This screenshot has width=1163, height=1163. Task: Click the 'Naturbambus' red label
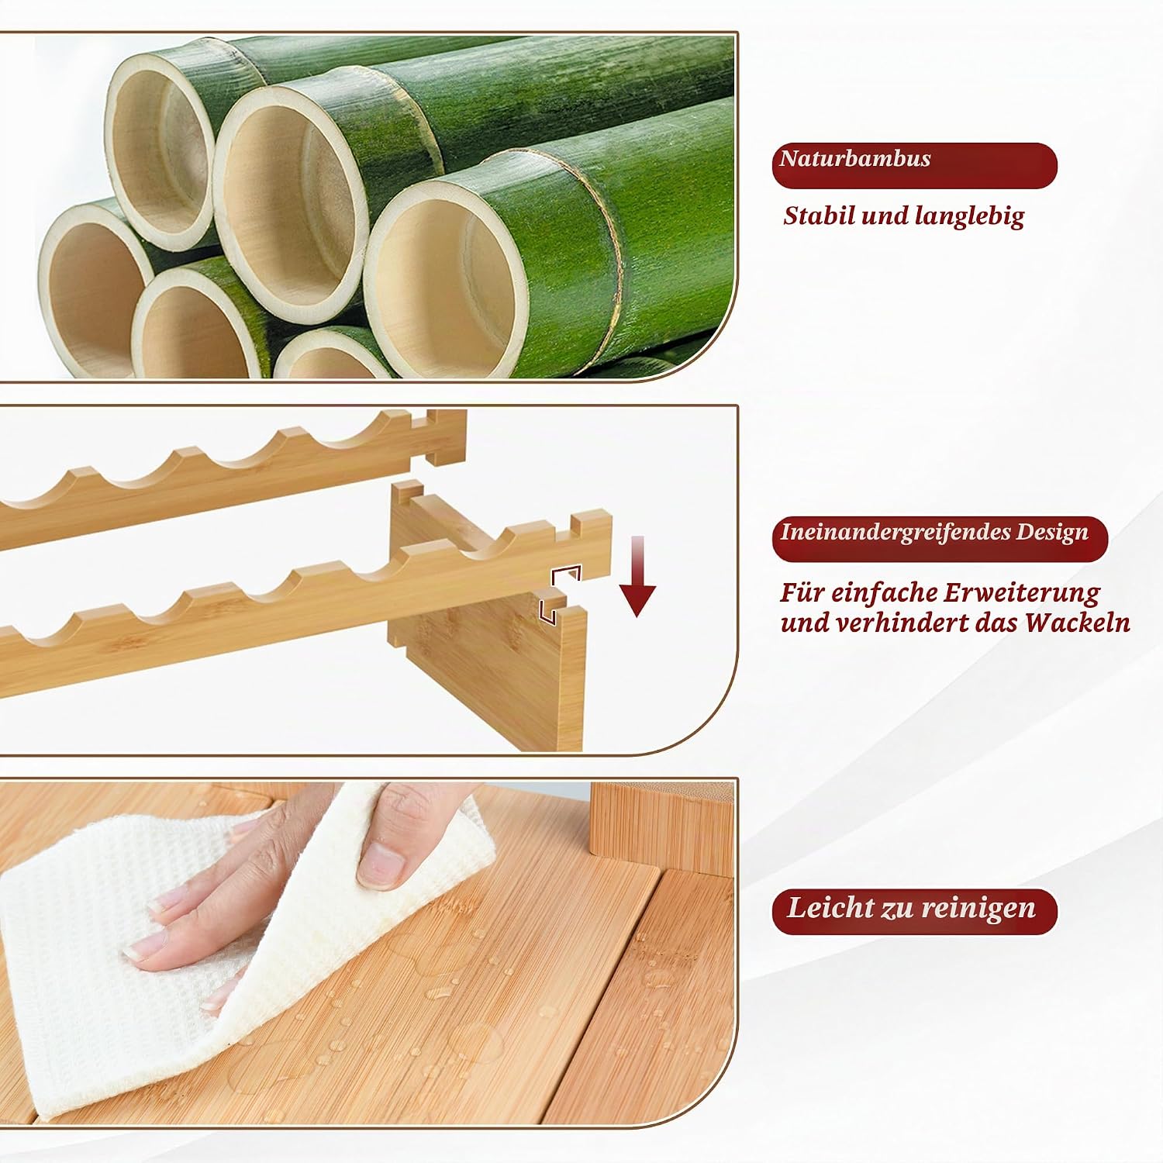point(914,164)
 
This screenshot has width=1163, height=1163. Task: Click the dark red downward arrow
point(637,575)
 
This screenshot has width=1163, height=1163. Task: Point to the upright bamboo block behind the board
point(660,823)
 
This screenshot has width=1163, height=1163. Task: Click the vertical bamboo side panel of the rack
point(496,667)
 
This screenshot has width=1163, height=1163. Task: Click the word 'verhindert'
point(903,623)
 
